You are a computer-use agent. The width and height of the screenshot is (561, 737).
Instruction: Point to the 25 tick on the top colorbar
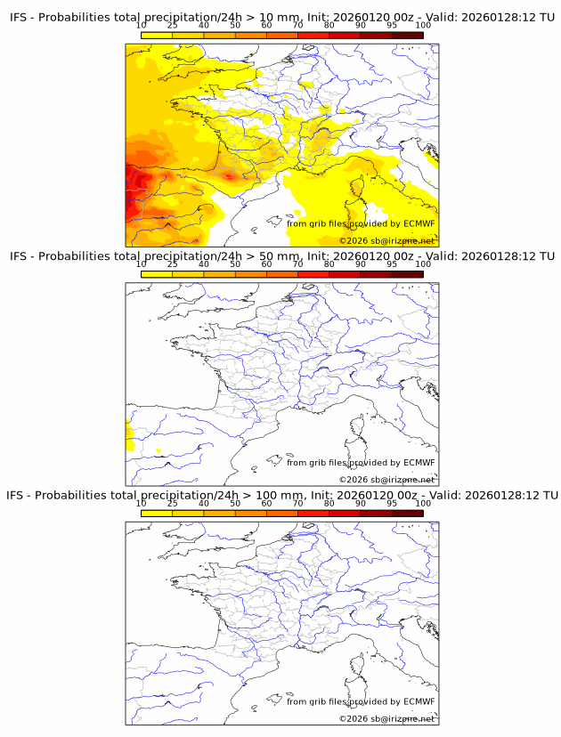[x=173, y=25]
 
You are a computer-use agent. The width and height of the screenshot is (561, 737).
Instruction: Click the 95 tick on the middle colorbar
[x=392, y=264]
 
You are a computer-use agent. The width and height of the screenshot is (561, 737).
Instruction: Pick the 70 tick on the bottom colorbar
[x=297, y=503]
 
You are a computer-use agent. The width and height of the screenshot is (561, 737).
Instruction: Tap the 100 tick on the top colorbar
[x=423, y=25]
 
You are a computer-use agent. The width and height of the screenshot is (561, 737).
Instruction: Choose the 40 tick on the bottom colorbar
[x=204, y=503]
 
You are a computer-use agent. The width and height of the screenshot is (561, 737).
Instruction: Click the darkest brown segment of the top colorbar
[x=407, y=36]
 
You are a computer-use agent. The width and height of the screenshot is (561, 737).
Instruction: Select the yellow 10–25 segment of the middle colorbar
[x=157, y=274]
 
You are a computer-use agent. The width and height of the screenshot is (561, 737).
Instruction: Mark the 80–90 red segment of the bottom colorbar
[x=345, y=513]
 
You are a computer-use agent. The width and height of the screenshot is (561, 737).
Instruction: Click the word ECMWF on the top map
[x=419, y=223]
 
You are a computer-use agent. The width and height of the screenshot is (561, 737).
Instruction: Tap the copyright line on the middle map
[x=386, y=480]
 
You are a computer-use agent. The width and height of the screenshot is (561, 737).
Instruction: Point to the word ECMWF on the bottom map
[x=419, y=701]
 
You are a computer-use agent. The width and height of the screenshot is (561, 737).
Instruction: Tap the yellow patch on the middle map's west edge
[x=129, y=437]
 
